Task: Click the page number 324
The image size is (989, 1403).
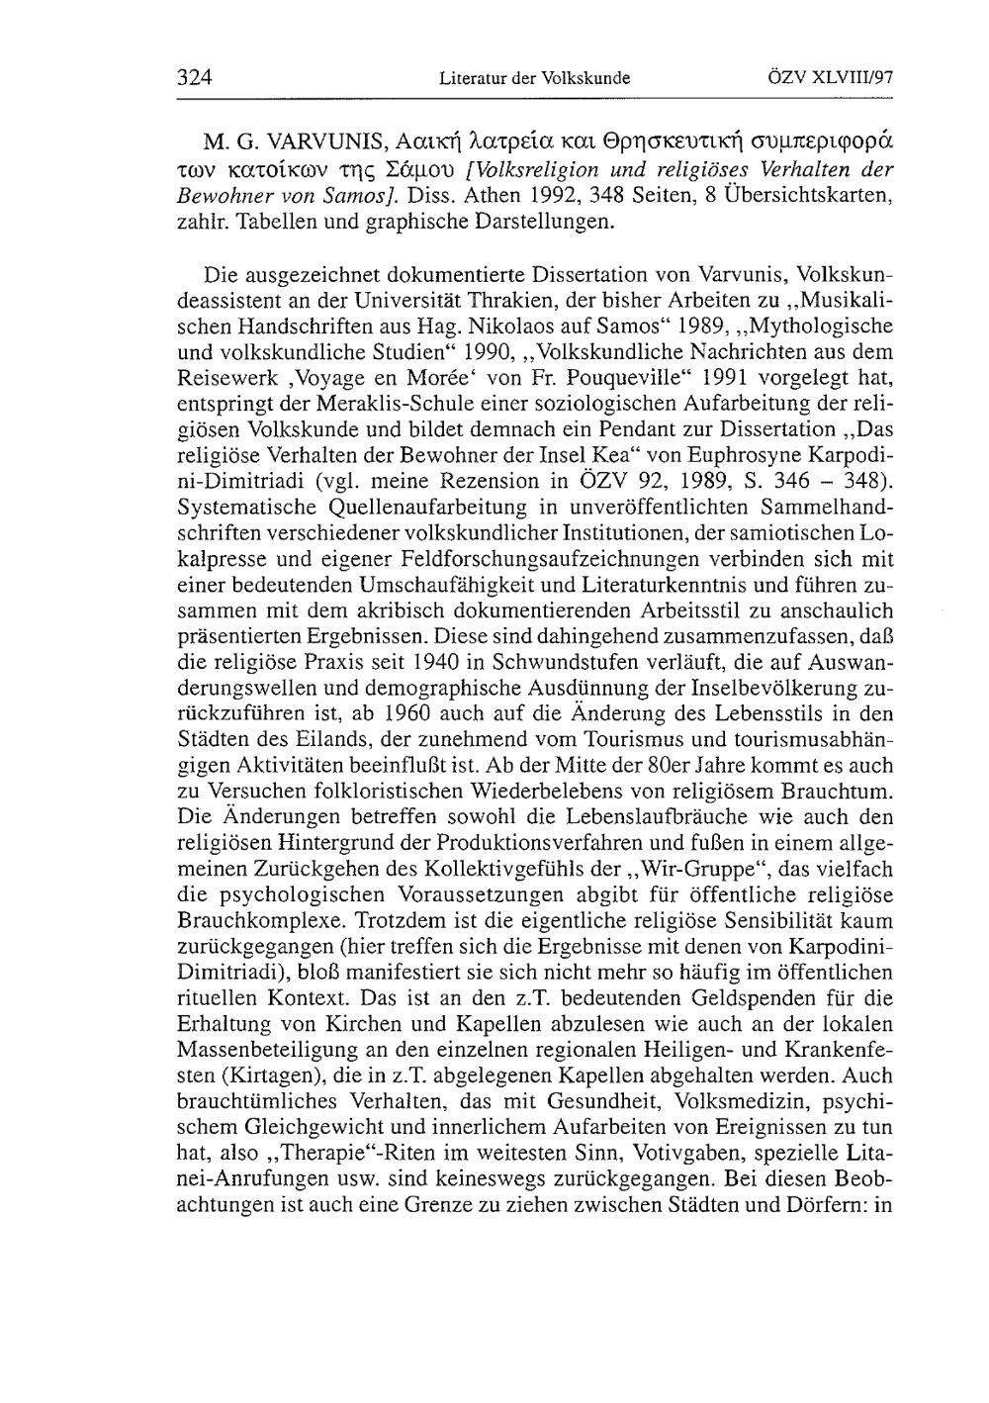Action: click(196, 76)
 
